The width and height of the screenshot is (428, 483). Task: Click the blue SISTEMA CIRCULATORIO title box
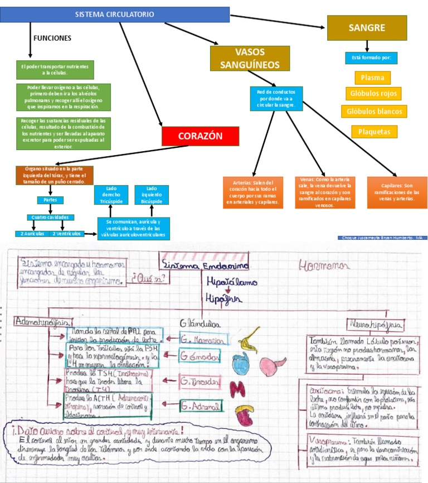pyautogui.click(x=115, y=15)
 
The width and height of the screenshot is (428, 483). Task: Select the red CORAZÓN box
pyautogui.click(x=200, y=136)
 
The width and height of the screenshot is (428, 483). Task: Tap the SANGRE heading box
pyautogui.click(x=367, y=28)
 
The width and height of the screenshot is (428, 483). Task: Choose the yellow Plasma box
pyautogui.click(x=372, y=78)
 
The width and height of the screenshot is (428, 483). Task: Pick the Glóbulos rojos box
pyautogui.click(x=373, y=94)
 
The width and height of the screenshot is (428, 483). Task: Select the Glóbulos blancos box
pyautogui.click(x=374, y=112)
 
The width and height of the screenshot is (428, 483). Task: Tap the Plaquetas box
pyautogui.click(x=374, y=132)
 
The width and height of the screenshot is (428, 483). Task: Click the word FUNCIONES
pyautogui.click(x=52, y=38)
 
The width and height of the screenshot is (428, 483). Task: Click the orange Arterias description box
pyautogui.click(x=254, y=192)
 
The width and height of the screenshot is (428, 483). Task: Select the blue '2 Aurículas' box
pyautogui.click(x=32, y=234)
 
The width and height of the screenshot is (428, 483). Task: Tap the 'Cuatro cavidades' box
pyautogui.click(x=50, y=218)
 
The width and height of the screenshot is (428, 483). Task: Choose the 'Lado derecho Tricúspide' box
pyautogui.click(x=110, y=195)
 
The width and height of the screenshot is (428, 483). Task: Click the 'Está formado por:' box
pyautogui.click(x=372, y=57)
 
